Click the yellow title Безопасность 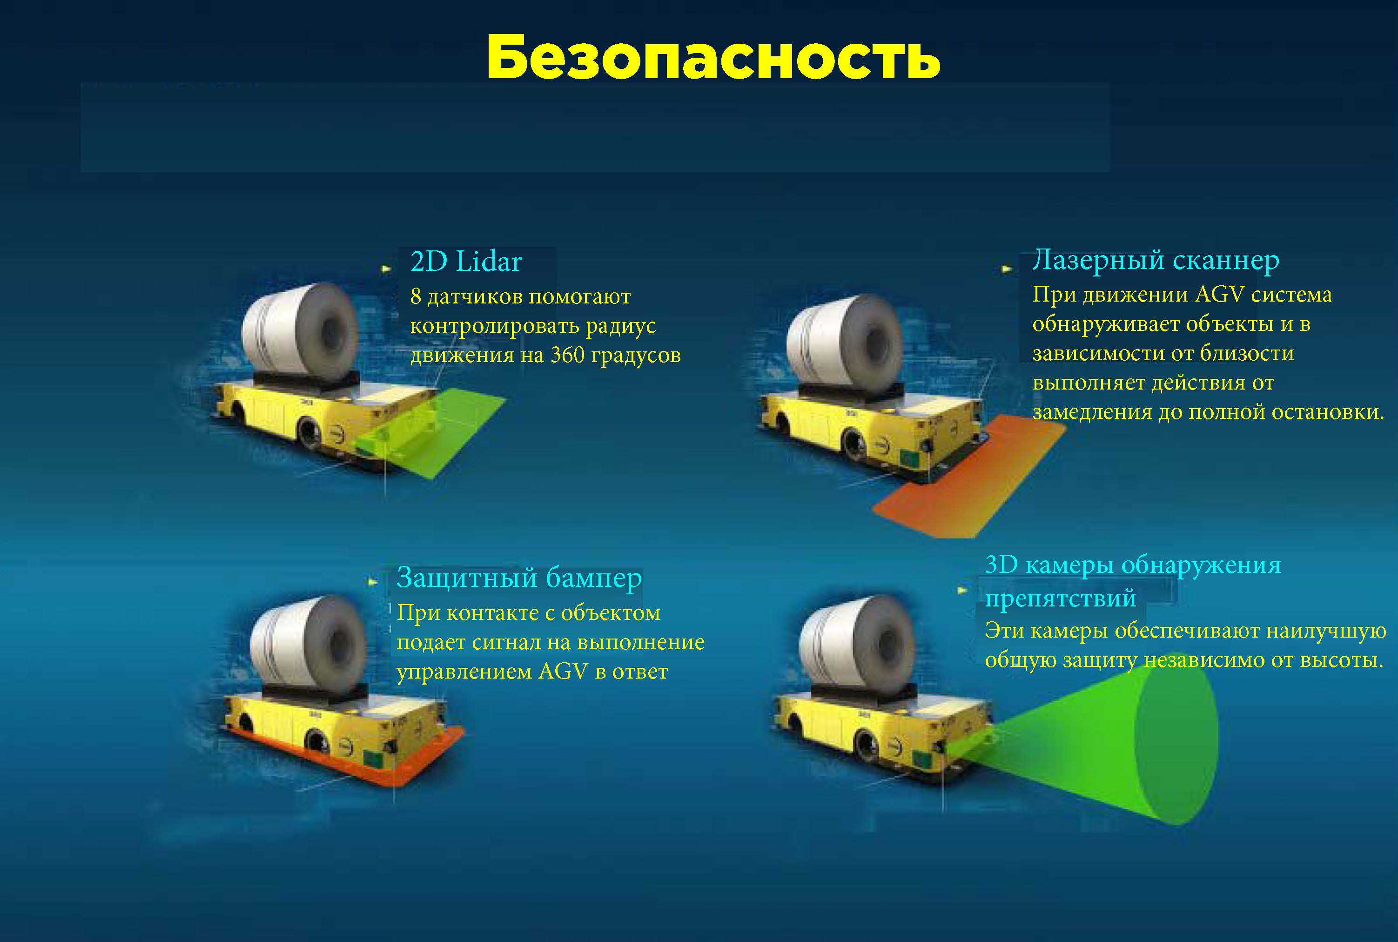713,57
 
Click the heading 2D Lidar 466,262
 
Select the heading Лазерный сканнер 1155,261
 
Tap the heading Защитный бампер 519,578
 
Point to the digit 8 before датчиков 416,296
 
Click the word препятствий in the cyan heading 1060,599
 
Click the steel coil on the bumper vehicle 308,643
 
